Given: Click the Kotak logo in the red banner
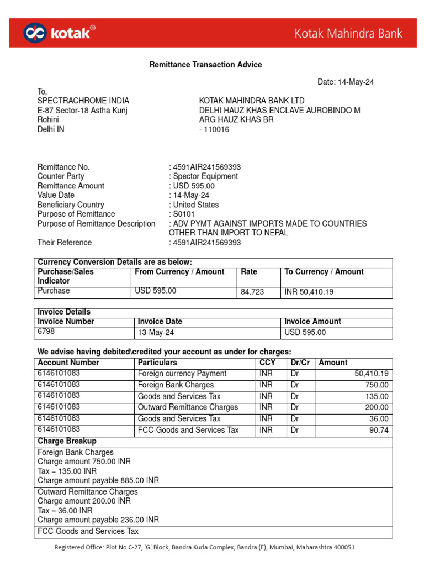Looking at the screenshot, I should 59,33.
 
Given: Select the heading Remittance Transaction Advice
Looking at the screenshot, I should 206,65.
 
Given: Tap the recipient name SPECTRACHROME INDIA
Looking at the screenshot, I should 83,101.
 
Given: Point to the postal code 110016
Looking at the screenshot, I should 216,129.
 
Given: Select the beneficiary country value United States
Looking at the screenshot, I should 196,205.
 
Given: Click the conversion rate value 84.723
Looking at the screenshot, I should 253,291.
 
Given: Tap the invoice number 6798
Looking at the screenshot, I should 46,332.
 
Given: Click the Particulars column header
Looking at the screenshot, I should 157,363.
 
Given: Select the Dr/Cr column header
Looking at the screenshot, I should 300,363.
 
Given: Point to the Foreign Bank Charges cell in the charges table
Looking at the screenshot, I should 176,385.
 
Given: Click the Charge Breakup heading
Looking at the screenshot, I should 67,441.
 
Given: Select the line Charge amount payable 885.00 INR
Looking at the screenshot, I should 98,480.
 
